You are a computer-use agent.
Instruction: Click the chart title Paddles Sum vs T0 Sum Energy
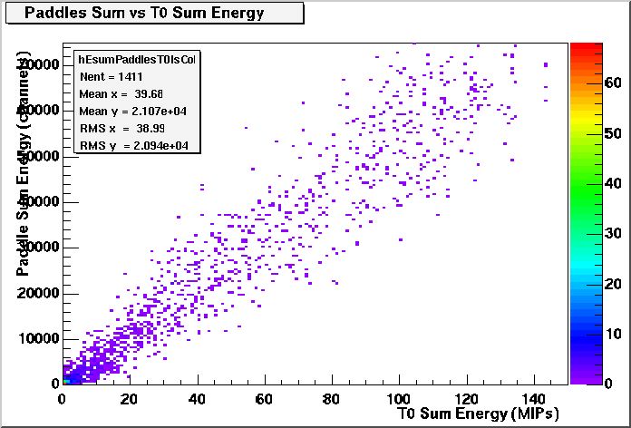click(144, 13)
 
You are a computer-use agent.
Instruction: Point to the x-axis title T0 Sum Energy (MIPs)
click(478, 414)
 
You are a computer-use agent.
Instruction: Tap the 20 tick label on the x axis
click(130, 398)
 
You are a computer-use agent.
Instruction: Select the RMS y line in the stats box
click(127, 145)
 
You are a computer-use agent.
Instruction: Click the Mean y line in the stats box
click(127, 111)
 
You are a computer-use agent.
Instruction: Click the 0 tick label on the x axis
click(62, 398)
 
